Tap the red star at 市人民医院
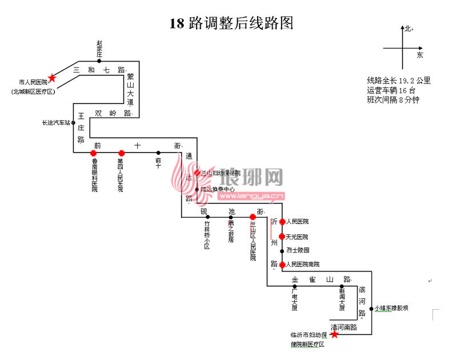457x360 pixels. coord(52,78)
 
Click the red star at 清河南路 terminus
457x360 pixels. coord(335,334)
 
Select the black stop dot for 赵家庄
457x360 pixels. coord(99,61)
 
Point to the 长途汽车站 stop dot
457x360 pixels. coord(74,122)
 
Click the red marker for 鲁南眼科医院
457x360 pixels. coord(93,153)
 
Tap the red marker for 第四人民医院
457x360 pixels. coord(121,153)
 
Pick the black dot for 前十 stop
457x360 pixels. coord(158,153)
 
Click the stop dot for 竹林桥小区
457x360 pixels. coord(207,217)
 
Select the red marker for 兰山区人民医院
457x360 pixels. coord(252,217)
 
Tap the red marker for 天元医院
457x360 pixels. coord(282,237)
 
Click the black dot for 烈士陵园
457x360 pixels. coord(282,250)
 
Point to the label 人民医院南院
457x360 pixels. coord(303,265)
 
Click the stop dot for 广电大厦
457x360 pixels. coord(295,286)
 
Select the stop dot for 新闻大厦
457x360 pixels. coord(342,286)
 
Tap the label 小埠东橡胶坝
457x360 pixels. coord(392,308)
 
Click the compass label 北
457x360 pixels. coord(408,29)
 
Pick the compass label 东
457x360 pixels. coord(420,55)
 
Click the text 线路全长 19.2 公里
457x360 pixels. coord(399,81)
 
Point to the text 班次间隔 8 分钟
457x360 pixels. coord(393,99)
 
